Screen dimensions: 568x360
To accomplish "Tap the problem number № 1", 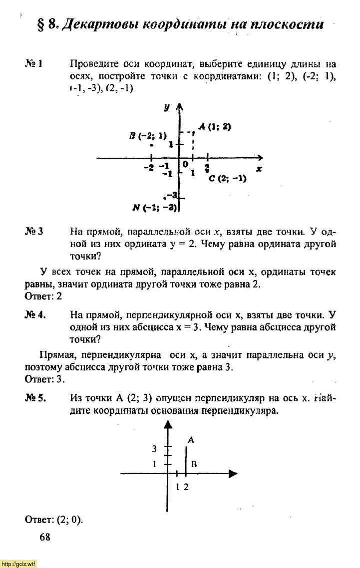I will point(34,64).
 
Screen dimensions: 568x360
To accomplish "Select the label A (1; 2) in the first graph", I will point(214,127).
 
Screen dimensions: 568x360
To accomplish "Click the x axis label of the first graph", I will point(259,169).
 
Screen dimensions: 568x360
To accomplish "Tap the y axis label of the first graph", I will point(166,107).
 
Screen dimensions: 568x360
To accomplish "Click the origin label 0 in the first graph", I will point(185,164).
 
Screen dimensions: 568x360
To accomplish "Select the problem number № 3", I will point(34,232).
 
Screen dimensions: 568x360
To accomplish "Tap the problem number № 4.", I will point(35,315).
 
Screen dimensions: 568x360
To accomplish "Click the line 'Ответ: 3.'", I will point(45,379).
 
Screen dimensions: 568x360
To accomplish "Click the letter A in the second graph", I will point(191,440).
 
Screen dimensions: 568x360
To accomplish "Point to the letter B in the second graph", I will point(194,464).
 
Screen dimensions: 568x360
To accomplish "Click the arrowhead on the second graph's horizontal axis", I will point(232,473).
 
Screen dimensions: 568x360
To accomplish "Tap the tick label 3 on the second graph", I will point(154,449).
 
